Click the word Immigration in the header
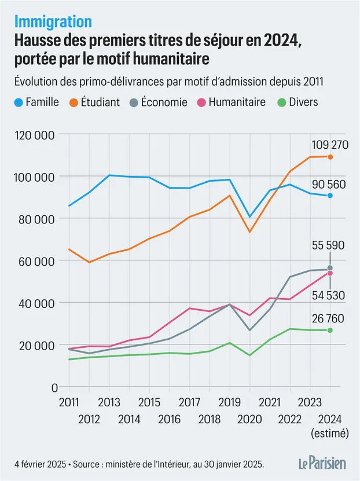53,22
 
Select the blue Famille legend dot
19,102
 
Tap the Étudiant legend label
100,102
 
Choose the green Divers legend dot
282,102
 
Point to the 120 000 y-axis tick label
35,135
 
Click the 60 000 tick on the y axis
36,262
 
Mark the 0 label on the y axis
54,388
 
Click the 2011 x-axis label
69,402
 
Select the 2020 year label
249,419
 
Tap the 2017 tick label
189,402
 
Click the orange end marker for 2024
330,157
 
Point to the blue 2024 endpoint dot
330,196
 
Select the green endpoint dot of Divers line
330,330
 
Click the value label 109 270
330,145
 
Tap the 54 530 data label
328,295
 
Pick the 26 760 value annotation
328,319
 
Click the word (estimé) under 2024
330,434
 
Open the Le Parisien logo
322,463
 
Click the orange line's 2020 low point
249,232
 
